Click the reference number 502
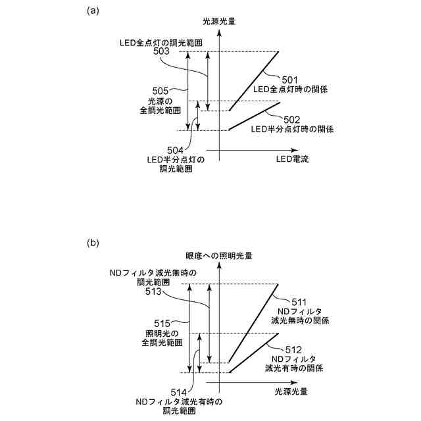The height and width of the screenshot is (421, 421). tap(292, 119)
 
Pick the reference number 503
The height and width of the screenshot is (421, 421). tap(161, 51)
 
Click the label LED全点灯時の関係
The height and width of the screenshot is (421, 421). tap(291, 89)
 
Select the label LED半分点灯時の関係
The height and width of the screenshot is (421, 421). tap(293, 129)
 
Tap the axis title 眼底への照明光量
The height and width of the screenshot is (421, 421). tap(219, 255)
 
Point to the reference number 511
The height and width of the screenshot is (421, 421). tap(289, 301)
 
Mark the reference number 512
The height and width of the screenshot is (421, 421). tap(292, 349)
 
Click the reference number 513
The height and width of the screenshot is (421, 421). tap(161, 290)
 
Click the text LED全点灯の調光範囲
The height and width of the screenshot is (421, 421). tap(161, 42)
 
